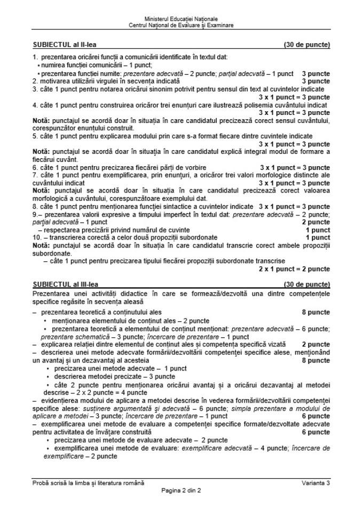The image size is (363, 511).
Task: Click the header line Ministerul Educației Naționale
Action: [x=181, y=19]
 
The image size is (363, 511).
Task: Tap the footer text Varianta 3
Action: [x=315, y=483]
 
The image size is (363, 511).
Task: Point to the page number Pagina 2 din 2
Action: [x=181, y=490]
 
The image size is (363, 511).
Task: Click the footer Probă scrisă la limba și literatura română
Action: [x=88, y=483]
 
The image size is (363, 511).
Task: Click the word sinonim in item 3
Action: [x=183, y=89]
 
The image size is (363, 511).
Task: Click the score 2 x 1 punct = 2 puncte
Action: [x=294, y=268]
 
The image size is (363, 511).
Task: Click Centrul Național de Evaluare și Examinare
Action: [x=181, y=25]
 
